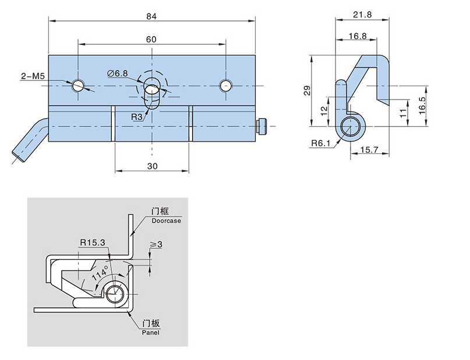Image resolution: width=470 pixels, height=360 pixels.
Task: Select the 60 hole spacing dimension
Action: point(151,40)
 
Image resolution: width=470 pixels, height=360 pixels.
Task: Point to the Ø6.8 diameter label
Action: point(117,73)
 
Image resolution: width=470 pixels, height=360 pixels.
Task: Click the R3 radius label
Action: point(136,117)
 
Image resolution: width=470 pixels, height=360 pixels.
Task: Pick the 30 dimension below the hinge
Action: point(153,166)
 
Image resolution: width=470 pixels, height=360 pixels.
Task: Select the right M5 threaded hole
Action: point(225,86)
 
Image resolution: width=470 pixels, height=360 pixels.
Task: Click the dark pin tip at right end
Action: point(261,125)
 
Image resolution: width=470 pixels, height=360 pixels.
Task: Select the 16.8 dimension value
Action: point(357,36)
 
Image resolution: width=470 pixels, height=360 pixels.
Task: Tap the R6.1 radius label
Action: point(319,143)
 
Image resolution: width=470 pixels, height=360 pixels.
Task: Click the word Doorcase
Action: point(166,221)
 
